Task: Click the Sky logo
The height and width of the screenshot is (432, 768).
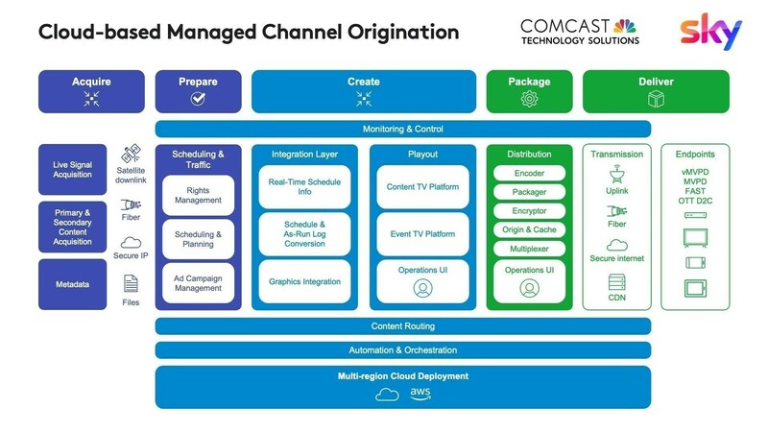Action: pyautogui.click(x=711, y=32)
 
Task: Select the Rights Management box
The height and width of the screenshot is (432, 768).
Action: pyautogui.click(x=198, y=195)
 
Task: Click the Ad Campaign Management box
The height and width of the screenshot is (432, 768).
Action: pyautogui.click(x=198, y=283)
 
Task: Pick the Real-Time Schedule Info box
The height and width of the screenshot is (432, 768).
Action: pyautogui.click(x=304, y=186)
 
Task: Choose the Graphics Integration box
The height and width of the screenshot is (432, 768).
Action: pyautogui.click(x=304, y=281)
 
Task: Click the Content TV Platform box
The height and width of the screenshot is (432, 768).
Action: pyautogui.click(x=422, y=186)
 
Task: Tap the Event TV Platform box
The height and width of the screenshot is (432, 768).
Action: pyautogui.click(x=422, y=233)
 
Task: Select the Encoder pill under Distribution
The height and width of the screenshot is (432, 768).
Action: pyautogui.click(x=529, y=174)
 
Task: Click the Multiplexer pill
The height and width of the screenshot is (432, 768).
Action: pyautogui.click(x=529, y=249)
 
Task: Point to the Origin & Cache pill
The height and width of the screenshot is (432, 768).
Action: pyautogui.click(x=529, y=229)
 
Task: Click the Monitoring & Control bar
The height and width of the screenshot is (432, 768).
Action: pyautogui.click(x=403, y=129)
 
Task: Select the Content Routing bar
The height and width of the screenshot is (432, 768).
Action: pyautogui.click(x=403, y=326)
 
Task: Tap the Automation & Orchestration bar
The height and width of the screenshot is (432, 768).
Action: pyautogui.click(x=403, y=350)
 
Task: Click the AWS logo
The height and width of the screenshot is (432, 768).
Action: pyautogui.click(x=420, y=394)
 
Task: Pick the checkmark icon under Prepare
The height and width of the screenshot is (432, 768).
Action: pyautogui.click(x=198, y=98)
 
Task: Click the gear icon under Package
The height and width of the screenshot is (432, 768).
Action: pyautogui.click(x=529, y=98)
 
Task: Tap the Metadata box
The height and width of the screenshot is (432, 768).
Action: pyautogui.click(x=73, y=284)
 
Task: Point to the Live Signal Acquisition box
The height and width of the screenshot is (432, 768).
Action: pyautogui.click(x=73, y=170)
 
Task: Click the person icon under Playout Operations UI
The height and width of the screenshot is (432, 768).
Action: pyautogui.click(x=422, y=287)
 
